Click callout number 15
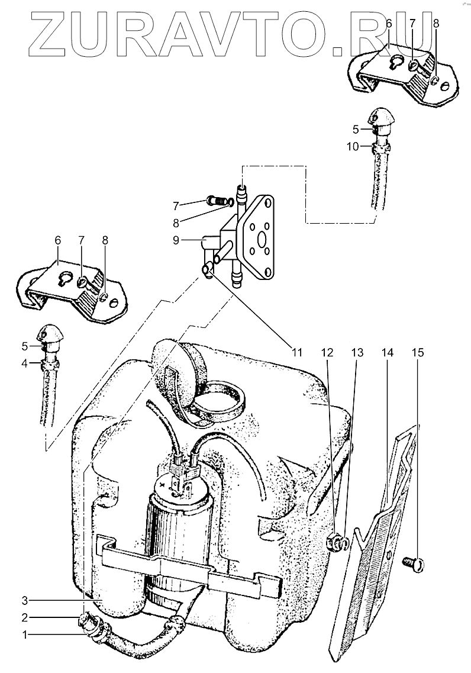tap(417, 353)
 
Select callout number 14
tap(387, 353)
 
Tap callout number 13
tap(357, 353)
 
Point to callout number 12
tap(327, 353)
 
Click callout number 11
tap(296, 353)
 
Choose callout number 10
tap(353, 147)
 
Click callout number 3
tap(25, 600)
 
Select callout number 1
tap(25, 636)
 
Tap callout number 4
tap(25, 363)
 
